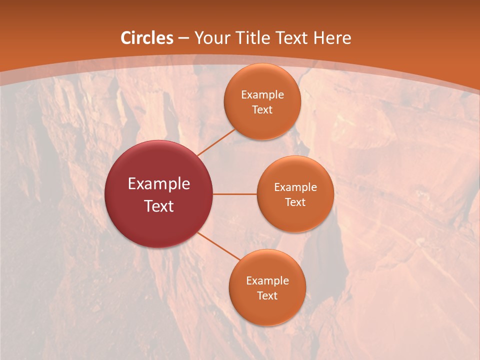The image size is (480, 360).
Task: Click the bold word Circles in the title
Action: click(147, 38)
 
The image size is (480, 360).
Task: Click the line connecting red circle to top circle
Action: click(216, 142)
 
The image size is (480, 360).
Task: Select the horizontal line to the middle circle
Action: click(235, 194)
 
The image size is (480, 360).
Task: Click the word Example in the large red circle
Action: click(159, 184)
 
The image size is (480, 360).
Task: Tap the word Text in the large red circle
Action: click(159, 206)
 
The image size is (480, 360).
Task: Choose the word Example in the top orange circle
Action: click(262, 95)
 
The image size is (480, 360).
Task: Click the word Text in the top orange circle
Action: click(262, 110)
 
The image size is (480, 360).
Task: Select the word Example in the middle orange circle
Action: click(295, 187)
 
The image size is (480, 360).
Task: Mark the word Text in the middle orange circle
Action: click(295, 202)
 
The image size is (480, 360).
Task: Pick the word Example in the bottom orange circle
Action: click(267, 281)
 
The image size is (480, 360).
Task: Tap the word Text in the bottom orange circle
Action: click(267, 296)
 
